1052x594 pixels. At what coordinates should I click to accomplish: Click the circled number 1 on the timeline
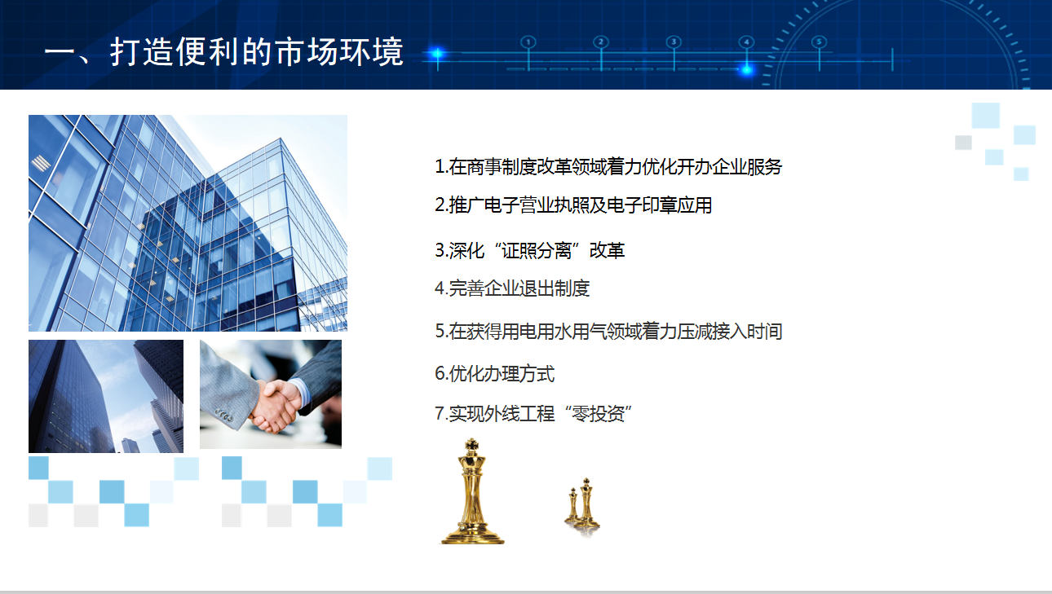coord(528,42)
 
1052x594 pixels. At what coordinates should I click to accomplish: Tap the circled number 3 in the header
coord(674,42)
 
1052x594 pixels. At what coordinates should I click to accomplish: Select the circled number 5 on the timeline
coord(819,42)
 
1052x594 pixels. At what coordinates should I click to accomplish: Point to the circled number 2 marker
coord(601,42)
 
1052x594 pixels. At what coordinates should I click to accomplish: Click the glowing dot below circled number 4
coord(746,70)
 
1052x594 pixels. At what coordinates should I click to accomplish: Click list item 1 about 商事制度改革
coord(608,167)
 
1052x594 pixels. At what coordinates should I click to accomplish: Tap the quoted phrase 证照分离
coord(537,250)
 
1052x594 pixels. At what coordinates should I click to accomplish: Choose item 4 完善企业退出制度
coord(512,288)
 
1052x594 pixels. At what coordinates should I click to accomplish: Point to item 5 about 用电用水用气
coord(608,332)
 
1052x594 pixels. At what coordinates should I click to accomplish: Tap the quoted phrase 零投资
coord(598,414)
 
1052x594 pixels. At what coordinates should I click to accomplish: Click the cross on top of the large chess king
coord(471,444)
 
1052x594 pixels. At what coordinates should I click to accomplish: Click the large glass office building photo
coord(188,223)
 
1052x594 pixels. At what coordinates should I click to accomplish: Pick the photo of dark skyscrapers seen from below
coord(106,396)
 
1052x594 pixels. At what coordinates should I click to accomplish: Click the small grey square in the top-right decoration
coord(963,143)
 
